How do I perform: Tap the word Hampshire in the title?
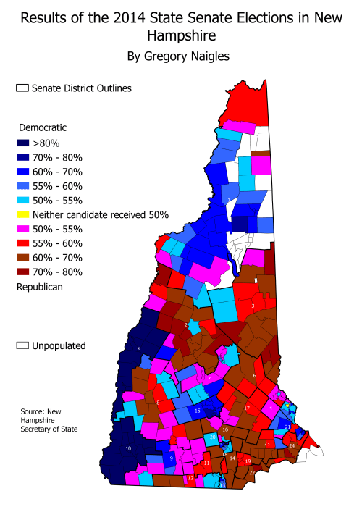pos(181,34)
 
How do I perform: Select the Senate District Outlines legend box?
pos(22,88)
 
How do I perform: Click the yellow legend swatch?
pos(22,214)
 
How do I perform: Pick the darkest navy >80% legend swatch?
pos(22,143)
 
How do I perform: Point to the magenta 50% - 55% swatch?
pos(22,229)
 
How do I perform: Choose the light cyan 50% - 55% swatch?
pos(22,200)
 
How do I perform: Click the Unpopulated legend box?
pos(22,345)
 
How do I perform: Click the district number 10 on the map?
pos(128,449)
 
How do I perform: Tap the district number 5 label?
pos(139,350)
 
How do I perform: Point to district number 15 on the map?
pos(197,411)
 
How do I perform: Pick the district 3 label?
pos(252,306)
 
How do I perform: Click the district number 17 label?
pos(247,408)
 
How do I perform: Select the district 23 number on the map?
pos(266,443)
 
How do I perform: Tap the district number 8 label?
pos(158,403)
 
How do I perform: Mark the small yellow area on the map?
pos(287,404)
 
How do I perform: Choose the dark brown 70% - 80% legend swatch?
pos(22,272)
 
